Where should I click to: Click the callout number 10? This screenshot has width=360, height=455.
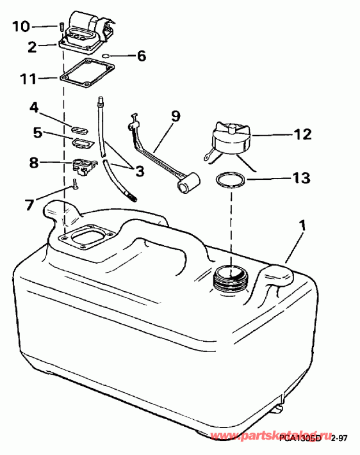pyautogui.click(x=21, y=26)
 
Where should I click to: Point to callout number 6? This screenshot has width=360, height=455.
pyautogui.click(x=141, y=56)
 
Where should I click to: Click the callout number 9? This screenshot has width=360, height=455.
pyautogui.click(x=175, y=116)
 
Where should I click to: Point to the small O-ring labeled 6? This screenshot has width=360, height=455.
pyautogui.click(x=111, y=56)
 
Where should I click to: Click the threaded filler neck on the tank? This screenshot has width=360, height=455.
pyautogui.click(x=229, y=278)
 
